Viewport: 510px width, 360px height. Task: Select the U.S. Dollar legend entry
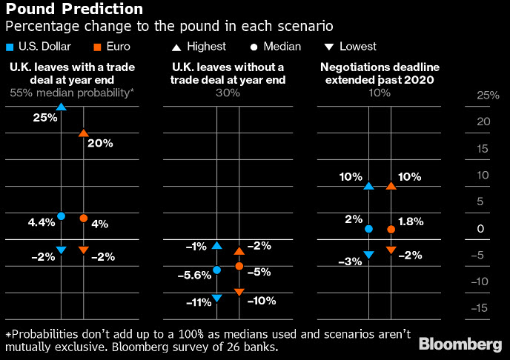tap(45, 47)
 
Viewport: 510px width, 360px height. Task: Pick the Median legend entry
tap(275, 47)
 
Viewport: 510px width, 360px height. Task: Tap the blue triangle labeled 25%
tap(61, 107)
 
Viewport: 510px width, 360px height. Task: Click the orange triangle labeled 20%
tap(83, 133)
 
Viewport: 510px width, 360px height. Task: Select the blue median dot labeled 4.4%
tap(61, 216)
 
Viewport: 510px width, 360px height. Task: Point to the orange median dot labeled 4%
tap(83, 218)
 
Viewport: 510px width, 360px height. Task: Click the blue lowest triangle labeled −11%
tap(216, 298)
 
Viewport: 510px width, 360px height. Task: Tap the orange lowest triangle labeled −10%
tap(239, 293)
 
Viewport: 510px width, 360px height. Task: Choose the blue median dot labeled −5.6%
tap(216, 270)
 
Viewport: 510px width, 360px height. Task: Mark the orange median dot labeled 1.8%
tap(391, 230)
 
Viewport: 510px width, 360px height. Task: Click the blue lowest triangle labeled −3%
tap(368, 255)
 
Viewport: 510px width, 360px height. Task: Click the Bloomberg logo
tap(460, 344)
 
